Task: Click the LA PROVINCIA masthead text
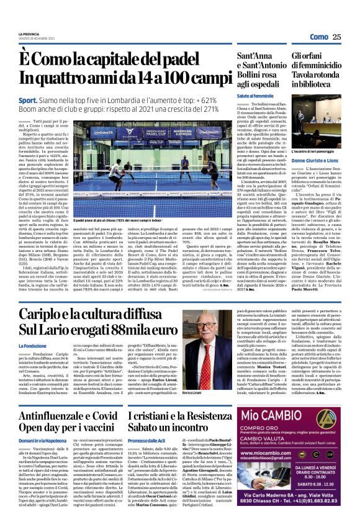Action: click(x=29, y=34)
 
